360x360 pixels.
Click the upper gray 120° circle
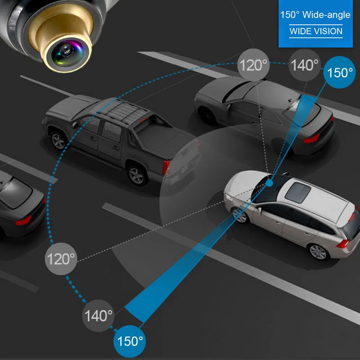coord(253,65)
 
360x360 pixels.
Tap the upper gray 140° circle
coord(305,65)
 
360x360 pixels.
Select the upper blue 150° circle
coord(339,72)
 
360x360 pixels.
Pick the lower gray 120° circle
coord(61,259)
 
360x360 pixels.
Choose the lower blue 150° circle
coord(130,341)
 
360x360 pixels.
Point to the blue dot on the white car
coord(270,183)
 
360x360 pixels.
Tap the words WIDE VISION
coord(316,31)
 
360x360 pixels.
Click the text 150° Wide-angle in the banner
coord(315,15)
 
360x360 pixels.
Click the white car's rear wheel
coord(319,251)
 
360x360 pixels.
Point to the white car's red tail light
coord(343,243)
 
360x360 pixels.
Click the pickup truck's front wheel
coord(59,140)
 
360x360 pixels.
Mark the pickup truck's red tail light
coord(166,167)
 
